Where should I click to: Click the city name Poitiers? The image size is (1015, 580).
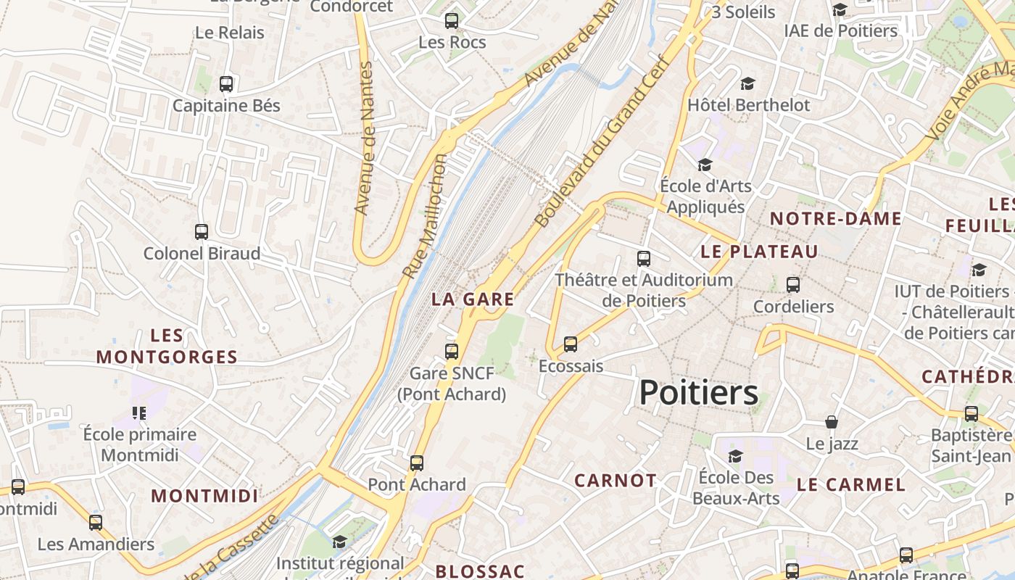(699, 393)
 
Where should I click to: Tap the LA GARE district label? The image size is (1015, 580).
(473, 299)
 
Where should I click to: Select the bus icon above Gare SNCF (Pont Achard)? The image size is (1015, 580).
(452, 352)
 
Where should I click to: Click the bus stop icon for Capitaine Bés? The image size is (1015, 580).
(226, 84)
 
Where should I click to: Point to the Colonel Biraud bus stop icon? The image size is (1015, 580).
(202, 232)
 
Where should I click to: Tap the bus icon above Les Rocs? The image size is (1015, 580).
(452, 21)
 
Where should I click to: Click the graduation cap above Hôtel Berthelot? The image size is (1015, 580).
(747, 84)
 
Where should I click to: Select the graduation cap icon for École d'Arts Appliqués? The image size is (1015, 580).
(705, 165)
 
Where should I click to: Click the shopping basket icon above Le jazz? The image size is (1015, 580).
(832, 422)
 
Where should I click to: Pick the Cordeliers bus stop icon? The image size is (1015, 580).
(793, 285)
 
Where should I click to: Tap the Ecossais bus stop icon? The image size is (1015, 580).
(571, 344)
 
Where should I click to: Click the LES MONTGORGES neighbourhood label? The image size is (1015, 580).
(167, 346)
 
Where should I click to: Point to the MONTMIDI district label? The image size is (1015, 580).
(204, 496)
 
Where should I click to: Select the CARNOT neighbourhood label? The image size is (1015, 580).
(616, 480)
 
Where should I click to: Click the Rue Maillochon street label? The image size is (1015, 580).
(425, 215)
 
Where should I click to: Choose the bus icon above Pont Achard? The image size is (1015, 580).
(417, 463)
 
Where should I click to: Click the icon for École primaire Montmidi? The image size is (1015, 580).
(139, 413)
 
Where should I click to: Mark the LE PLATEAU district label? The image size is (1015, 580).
(759, 252)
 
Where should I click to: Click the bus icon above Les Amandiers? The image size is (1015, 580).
(96, 523)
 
